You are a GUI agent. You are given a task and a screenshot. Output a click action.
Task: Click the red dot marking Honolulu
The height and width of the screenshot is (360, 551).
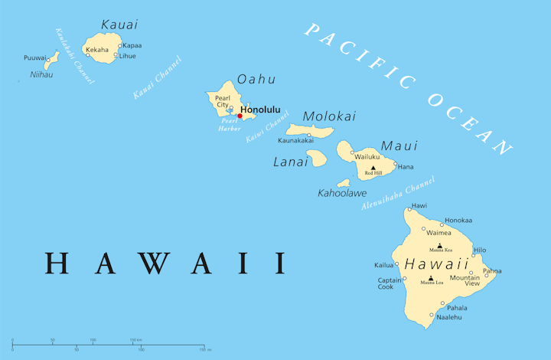(x=240, y=116)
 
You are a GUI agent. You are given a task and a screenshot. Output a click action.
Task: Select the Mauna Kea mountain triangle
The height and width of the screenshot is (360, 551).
(x=439, y=245)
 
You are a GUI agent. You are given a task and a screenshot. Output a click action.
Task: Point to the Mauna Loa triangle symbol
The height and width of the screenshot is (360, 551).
(x=431, y=278)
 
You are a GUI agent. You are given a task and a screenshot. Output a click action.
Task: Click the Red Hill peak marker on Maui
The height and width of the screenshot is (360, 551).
(x=373, y=168)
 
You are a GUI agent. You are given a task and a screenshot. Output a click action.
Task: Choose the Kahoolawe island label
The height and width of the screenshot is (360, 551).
(x=342, y=193)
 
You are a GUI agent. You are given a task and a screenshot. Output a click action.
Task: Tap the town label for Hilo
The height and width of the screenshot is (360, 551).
(x=480, y=250)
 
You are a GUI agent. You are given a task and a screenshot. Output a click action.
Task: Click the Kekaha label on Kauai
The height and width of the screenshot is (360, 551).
(x=97, y=50)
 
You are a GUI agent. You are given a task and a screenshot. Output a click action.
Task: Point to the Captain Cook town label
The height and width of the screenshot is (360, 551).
(x=386, y=283)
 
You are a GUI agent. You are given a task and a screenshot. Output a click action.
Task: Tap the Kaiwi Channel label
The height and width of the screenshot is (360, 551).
(x=267, y=127)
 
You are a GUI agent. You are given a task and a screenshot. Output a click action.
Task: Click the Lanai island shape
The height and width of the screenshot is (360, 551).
(x=318, y=159)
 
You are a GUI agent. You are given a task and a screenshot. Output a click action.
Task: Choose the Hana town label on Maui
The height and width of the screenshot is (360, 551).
(x=406, y=166)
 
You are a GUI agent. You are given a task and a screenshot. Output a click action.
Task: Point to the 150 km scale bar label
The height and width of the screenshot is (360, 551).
(x=135, y=339)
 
